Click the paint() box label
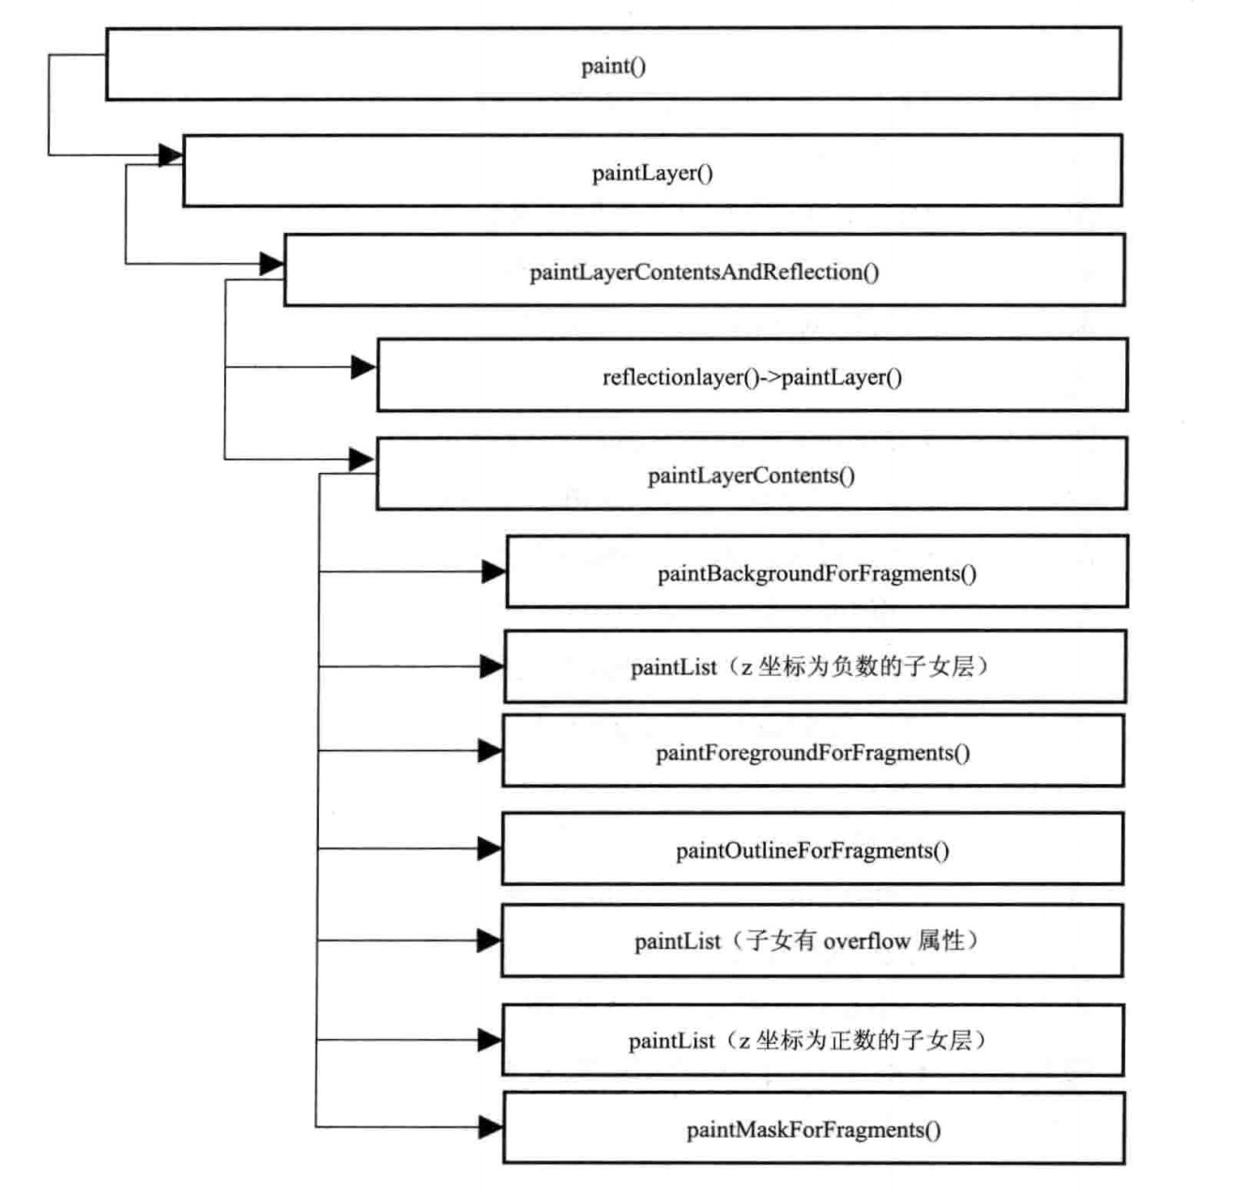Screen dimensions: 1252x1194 tap(613, 67)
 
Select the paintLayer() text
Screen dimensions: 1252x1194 tap(652, 174)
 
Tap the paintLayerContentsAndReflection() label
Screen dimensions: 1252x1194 tap(704, 273)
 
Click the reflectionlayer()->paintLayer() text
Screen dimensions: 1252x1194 tap(752, 378)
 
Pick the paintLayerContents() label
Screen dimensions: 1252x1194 tap(752, 476)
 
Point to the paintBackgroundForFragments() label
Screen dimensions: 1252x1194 tap(817, 574)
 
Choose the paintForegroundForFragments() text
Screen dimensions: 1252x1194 tap(813, 753)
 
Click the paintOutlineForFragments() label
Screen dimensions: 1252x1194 tap(813, 851)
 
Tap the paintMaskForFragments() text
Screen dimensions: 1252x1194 tap(813, 1130)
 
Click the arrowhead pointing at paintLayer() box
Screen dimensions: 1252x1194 tap(171, 154)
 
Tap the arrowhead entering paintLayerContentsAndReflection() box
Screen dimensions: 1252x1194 tap(272, 264)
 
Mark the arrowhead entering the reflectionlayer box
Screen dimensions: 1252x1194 tap(363, 367)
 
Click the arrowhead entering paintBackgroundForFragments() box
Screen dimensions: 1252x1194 tap(495, 572)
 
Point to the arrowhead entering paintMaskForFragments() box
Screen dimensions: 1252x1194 tap(491, 1127)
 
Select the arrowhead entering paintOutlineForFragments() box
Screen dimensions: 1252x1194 tap(490, 848)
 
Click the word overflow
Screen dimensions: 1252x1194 tap(866, 941)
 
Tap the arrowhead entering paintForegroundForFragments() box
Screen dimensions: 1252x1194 tap(490, 751)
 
